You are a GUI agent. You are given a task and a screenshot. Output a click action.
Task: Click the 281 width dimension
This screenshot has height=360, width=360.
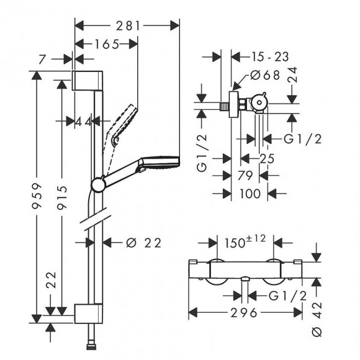click(128, 25)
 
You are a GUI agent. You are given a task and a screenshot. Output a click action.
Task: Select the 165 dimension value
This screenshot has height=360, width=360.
click(107, 44)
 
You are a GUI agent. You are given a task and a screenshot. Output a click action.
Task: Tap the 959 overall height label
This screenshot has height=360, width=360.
click(37, 196)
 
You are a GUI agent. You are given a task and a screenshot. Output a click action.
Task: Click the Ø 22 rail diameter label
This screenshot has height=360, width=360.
click(144, 243)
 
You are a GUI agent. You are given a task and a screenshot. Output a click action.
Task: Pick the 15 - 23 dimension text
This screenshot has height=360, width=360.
click(270, 56)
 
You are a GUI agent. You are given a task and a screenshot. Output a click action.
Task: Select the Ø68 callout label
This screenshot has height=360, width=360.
click(265, 75)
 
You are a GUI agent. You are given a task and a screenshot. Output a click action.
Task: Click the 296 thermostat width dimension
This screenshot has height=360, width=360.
click(244, 313)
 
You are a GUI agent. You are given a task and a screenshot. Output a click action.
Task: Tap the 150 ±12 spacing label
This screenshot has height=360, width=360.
click(245, 241)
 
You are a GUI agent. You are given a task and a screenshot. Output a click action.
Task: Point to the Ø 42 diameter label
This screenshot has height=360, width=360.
click(317, 320)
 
